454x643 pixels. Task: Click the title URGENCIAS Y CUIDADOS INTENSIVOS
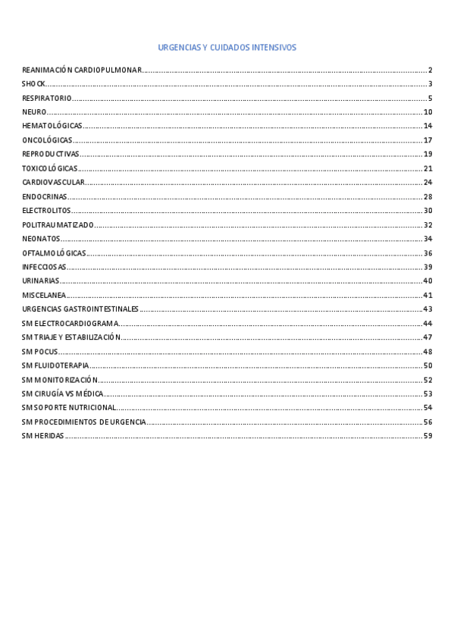point(227,48)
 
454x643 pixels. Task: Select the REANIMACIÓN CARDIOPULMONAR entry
point(82,70)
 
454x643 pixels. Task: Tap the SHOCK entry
point(34,84)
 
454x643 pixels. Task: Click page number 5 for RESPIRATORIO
point(429,98)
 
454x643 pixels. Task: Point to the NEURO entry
point(35,112)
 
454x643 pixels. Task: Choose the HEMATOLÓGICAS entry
point(52,126)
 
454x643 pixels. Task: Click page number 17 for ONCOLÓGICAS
point(427,140)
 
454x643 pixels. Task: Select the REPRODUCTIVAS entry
point(51,154)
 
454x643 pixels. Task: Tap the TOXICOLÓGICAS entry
point(50,168)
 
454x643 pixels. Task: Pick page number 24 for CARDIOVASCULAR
point(427,183)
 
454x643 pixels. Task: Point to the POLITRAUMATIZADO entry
point(58,225)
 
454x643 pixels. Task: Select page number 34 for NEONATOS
point(427,239)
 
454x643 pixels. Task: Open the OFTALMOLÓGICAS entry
point(54,253)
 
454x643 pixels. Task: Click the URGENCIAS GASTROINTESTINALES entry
point(80,309)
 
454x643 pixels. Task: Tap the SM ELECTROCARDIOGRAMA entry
point(70,323)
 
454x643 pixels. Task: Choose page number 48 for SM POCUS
point(427,352)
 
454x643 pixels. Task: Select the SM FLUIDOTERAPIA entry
point(55,365)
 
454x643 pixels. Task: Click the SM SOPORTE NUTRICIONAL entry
point(69,408)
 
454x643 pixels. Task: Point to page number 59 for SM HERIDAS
point(427,436)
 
